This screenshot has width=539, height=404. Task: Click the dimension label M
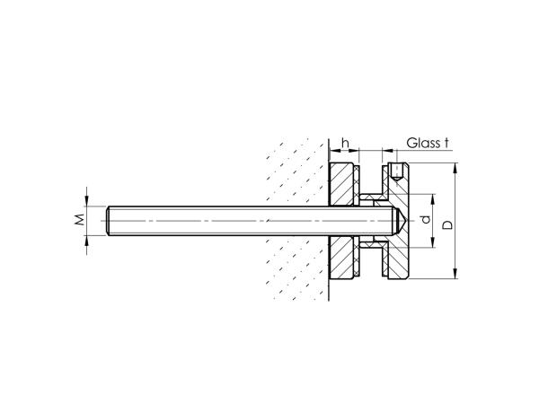78,219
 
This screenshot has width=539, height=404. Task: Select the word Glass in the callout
422,143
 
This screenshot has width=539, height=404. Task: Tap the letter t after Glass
446,143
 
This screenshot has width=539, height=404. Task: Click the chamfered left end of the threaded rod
109,221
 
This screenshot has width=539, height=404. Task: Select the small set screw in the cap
396,170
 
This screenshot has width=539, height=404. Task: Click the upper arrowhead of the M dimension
88,202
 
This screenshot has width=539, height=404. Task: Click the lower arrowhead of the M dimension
88,240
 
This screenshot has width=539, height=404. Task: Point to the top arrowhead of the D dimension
455,168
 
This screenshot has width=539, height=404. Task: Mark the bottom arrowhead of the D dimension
455,275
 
